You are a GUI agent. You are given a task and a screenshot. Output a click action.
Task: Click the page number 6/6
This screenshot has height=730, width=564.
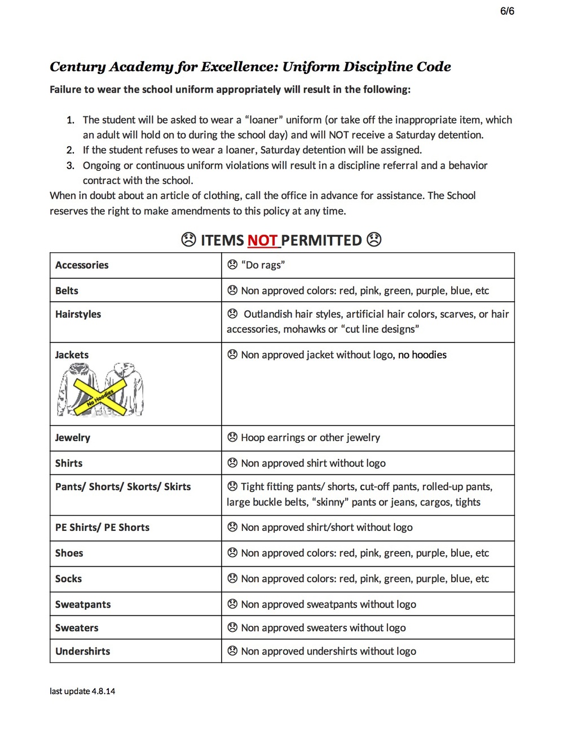point(507,11)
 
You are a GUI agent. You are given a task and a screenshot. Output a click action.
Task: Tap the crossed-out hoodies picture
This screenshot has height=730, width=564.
point(100,390)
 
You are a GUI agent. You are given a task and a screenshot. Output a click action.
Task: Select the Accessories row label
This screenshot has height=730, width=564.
point(82,265)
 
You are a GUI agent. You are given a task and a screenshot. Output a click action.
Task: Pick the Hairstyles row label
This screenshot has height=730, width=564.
point(78,314)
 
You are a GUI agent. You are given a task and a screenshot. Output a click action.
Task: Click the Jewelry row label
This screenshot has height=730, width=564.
point(72,438)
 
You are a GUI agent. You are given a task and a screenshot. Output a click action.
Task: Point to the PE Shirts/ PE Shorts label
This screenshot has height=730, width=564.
point(102,527)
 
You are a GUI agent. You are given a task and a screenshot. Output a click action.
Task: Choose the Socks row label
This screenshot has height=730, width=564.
point(68,579)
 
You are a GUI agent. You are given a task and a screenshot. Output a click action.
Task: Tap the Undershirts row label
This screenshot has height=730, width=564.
point(82,651)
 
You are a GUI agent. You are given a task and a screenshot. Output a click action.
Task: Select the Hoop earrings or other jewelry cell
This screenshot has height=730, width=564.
point(310,438)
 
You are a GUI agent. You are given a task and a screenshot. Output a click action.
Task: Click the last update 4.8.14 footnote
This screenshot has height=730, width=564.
point(82,691)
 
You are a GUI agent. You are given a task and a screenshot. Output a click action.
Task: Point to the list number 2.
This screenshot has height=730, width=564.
point(70,150)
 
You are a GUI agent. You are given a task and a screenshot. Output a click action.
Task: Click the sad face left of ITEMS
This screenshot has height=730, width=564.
point(188,240)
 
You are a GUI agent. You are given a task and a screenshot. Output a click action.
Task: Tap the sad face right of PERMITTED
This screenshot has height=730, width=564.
point(374,240)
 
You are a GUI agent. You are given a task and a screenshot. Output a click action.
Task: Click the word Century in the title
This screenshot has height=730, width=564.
point(78,67)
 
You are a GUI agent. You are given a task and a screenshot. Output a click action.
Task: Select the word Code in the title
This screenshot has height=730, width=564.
point(434,67)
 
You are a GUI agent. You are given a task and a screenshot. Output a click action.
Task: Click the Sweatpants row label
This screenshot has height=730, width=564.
point(83,605)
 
